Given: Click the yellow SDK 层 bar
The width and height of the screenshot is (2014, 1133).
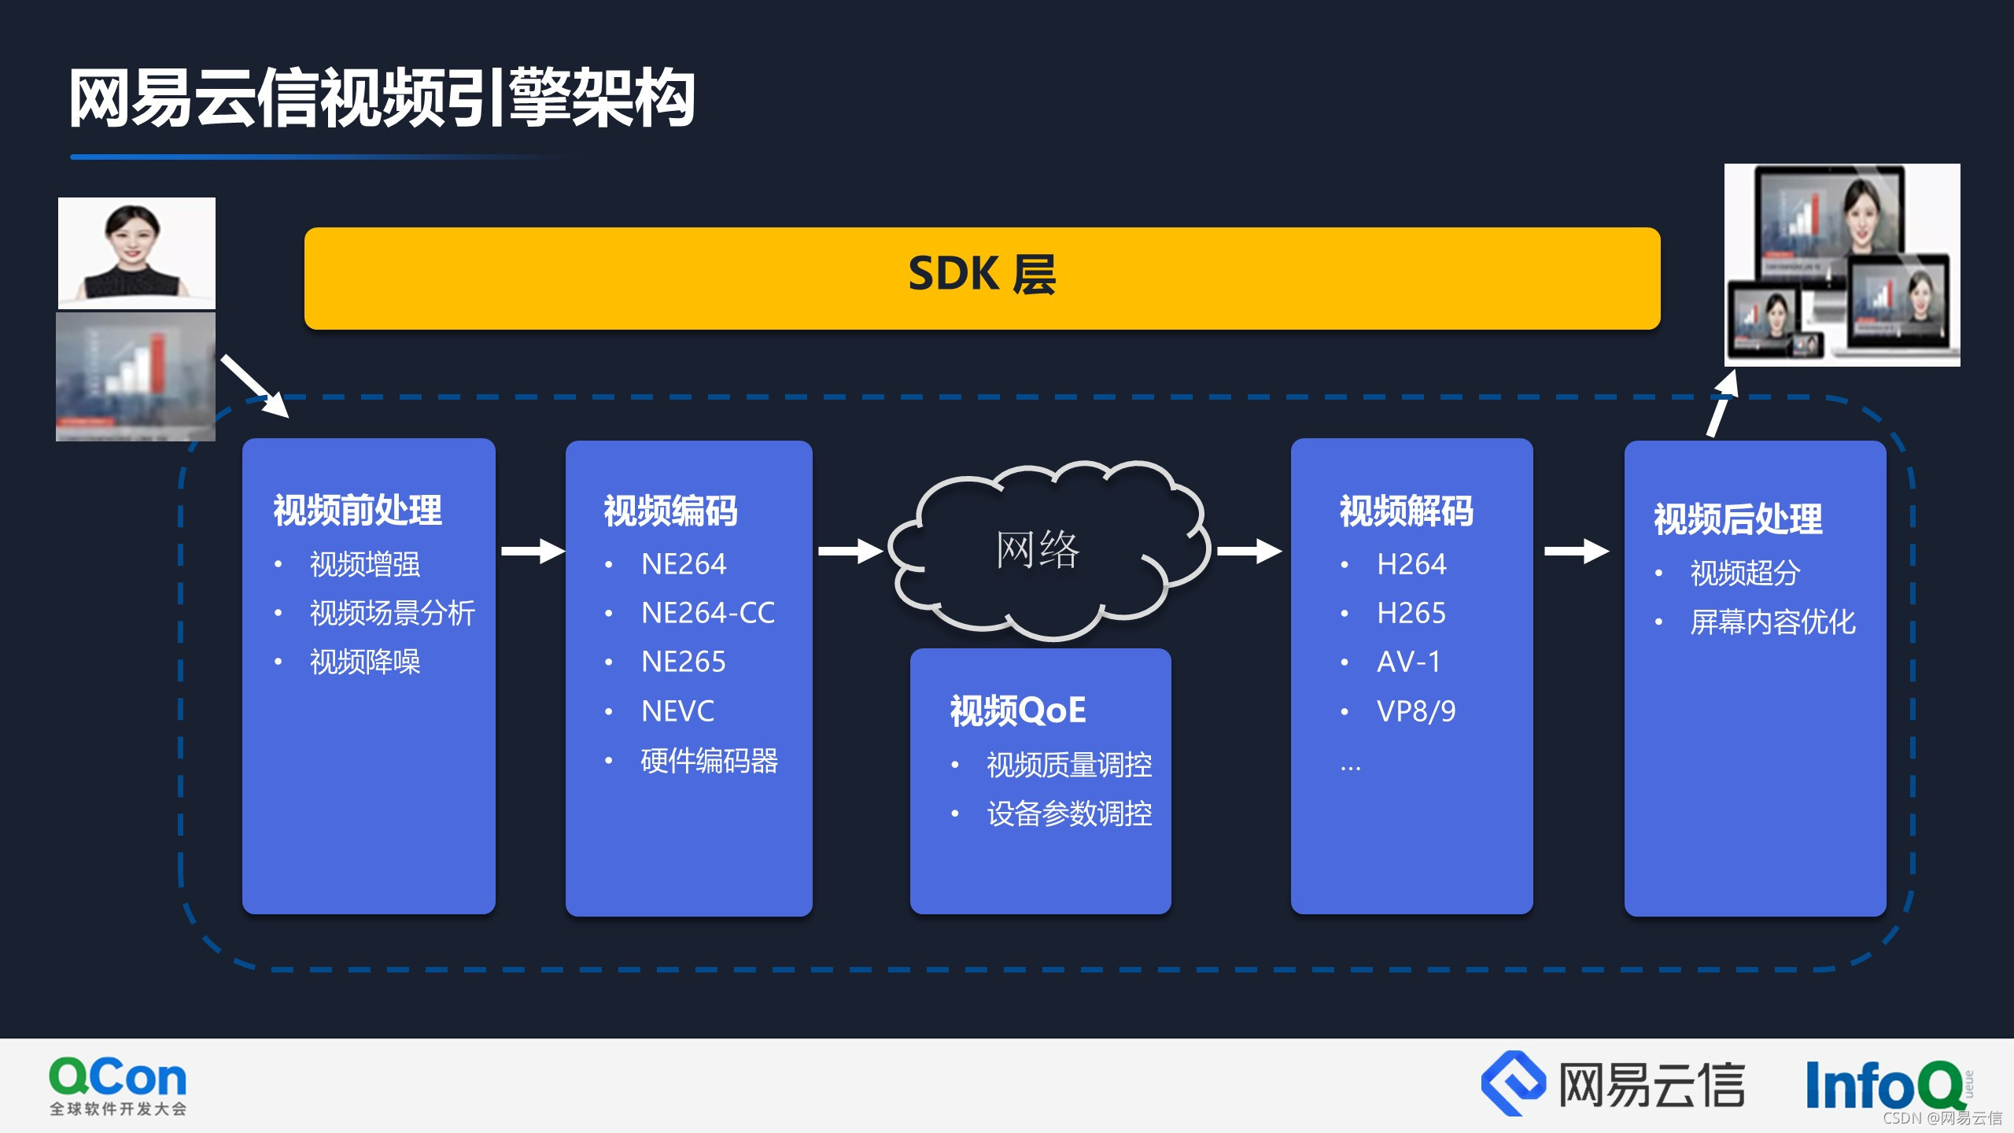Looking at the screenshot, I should coord(982,278).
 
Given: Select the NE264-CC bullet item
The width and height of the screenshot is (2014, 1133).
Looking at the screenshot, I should coord(707,613).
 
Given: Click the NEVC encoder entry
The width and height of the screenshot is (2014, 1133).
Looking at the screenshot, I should coord(677,711).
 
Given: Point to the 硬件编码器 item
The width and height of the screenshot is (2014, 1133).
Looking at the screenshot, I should coord(709,761).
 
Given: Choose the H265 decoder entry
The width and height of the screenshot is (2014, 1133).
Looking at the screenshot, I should coord(1411,613).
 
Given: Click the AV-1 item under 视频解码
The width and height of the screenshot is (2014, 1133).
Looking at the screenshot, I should coord(1408,662).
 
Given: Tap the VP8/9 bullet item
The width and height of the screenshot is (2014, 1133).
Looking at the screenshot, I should coord(1415,711).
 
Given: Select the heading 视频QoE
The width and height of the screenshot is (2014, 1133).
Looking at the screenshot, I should coord(1018,710).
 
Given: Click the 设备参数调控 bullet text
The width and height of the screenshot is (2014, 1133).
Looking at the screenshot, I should coord(1069,814).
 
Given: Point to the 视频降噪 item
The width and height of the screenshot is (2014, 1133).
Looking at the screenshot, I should coord(365,662).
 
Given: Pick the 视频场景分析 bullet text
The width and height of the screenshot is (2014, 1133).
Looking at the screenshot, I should coord(393,613).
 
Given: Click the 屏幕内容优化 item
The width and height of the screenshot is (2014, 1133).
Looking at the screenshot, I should coord(1772,622).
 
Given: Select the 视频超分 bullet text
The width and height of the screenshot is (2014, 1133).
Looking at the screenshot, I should coord(1745,573).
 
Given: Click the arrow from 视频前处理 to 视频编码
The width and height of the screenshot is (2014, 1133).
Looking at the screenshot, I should coord(533,551).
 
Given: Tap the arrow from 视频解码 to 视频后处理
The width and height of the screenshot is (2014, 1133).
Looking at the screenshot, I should coord(1576,551).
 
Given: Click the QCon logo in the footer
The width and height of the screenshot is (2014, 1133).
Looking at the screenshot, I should coord(118,1084).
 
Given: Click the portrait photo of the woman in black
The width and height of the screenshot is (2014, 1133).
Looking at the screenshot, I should coord(136,252).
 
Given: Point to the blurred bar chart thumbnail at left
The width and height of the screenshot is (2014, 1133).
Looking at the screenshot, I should coord(135,376).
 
